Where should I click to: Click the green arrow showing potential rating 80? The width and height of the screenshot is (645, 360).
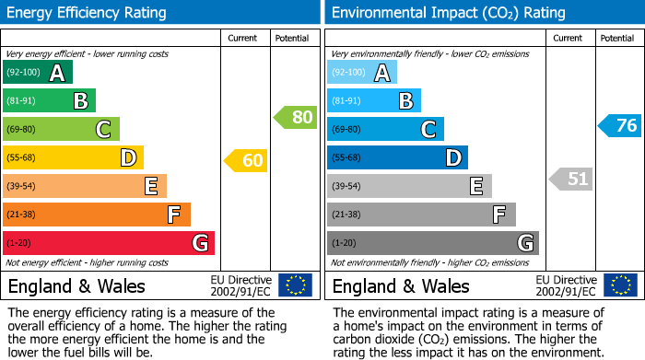tap(295, 117)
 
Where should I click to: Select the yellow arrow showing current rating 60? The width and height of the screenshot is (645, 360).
tap(246, 161)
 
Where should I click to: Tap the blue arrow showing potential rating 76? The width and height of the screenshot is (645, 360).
tap(619, 126)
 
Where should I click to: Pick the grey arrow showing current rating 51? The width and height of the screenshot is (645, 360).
tap(570, 179)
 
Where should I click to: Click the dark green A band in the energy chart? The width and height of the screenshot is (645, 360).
tap(38, 73)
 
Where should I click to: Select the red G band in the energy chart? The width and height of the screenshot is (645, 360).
tap(109, 243)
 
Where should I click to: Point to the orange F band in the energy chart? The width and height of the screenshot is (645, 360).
tap(97, 215)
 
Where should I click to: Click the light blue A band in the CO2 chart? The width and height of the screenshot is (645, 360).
tap(362, 73)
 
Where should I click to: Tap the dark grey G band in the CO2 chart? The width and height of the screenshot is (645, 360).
tap(433, 243)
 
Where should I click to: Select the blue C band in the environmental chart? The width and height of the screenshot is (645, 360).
tap(385, 129)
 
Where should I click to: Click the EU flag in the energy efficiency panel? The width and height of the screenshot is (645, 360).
tap(295, 285)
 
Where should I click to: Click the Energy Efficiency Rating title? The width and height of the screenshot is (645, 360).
tap(88, 13)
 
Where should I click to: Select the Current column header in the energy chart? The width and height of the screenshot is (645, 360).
tap(244, 38)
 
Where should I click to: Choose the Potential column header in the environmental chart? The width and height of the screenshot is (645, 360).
tap(617, 38)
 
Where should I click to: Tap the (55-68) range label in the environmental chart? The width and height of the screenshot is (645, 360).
tap(346, 158)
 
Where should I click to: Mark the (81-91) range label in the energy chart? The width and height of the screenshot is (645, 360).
tap(22, 101)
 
